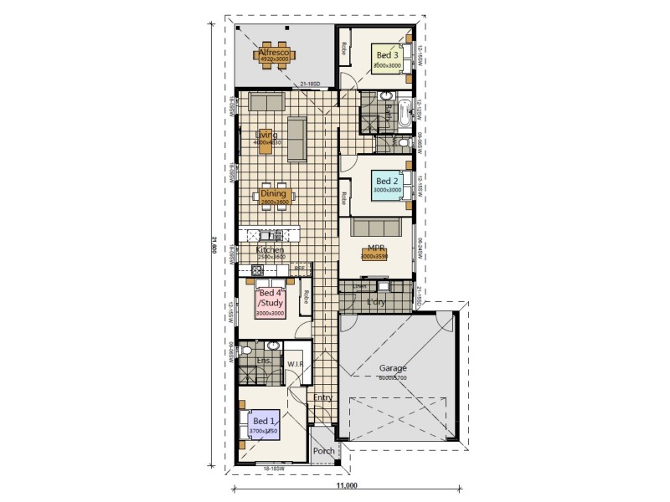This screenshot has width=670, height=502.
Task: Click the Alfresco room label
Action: pyautogui.click(x=273, y=53)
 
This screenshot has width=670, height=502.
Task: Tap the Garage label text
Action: pyautogui.click(x=392, y=367)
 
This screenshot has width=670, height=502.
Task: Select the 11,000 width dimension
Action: pyautogui.click(x=348, y=485)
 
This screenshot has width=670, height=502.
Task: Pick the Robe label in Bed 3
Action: pyautogui.click(x=343, y=49)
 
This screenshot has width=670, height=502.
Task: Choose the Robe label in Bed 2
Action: pyautogui.click(x=343, y=198)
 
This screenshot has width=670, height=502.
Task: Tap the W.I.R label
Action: pyautogui.click(x=295, y=364)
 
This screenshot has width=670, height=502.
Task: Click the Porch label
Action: pyautogui.click(x=323, y=451)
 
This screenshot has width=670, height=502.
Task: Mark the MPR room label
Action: pyautogui.click(x=375, y=248)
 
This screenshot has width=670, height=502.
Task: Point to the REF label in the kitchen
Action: pyautogui.click(x=299, y=268)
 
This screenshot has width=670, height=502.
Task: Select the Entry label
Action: pyautogui.click(x=322, y=397)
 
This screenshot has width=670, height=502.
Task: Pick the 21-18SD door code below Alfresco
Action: pyautogui.click(x=310, y=85)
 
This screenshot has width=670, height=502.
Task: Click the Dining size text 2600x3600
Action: pyautogui.click(x=272, y=202)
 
